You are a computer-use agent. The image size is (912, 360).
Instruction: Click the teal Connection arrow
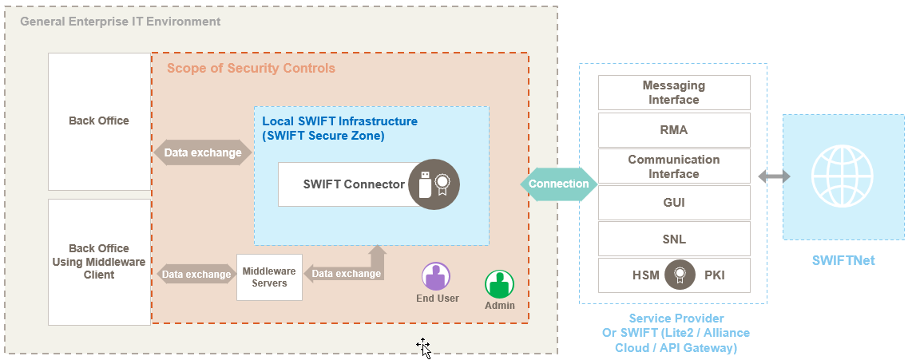558,184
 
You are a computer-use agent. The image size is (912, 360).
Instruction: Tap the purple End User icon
436,277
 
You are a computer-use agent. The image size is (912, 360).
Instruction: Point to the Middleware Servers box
269,277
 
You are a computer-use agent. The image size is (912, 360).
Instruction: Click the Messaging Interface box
674,93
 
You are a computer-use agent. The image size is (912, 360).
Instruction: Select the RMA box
674,130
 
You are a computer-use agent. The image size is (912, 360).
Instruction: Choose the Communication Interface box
674,166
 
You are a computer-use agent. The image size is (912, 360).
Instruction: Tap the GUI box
674,203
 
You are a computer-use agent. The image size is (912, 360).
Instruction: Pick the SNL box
674,239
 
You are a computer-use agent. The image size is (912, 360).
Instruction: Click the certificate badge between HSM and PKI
680,275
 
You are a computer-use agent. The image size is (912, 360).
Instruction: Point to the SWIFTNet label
843,260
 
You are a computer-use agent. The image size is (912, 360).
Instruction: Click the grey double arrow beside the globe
774,176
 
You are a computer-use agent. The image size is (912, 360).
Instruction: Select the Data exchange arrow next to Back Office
203,152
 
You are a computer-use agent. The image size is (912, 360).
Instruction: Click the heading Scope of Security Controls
251,69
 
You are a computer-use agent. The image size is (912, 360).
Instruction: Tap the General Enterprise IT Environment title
120,22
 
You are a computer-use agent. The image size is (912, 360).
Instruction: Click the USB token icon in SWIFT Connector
425,184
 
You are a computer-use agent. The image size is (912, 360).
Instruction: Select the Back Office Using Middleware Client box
99,262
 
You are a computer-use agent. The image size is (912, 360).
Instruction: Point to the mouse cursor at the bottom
423,346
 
